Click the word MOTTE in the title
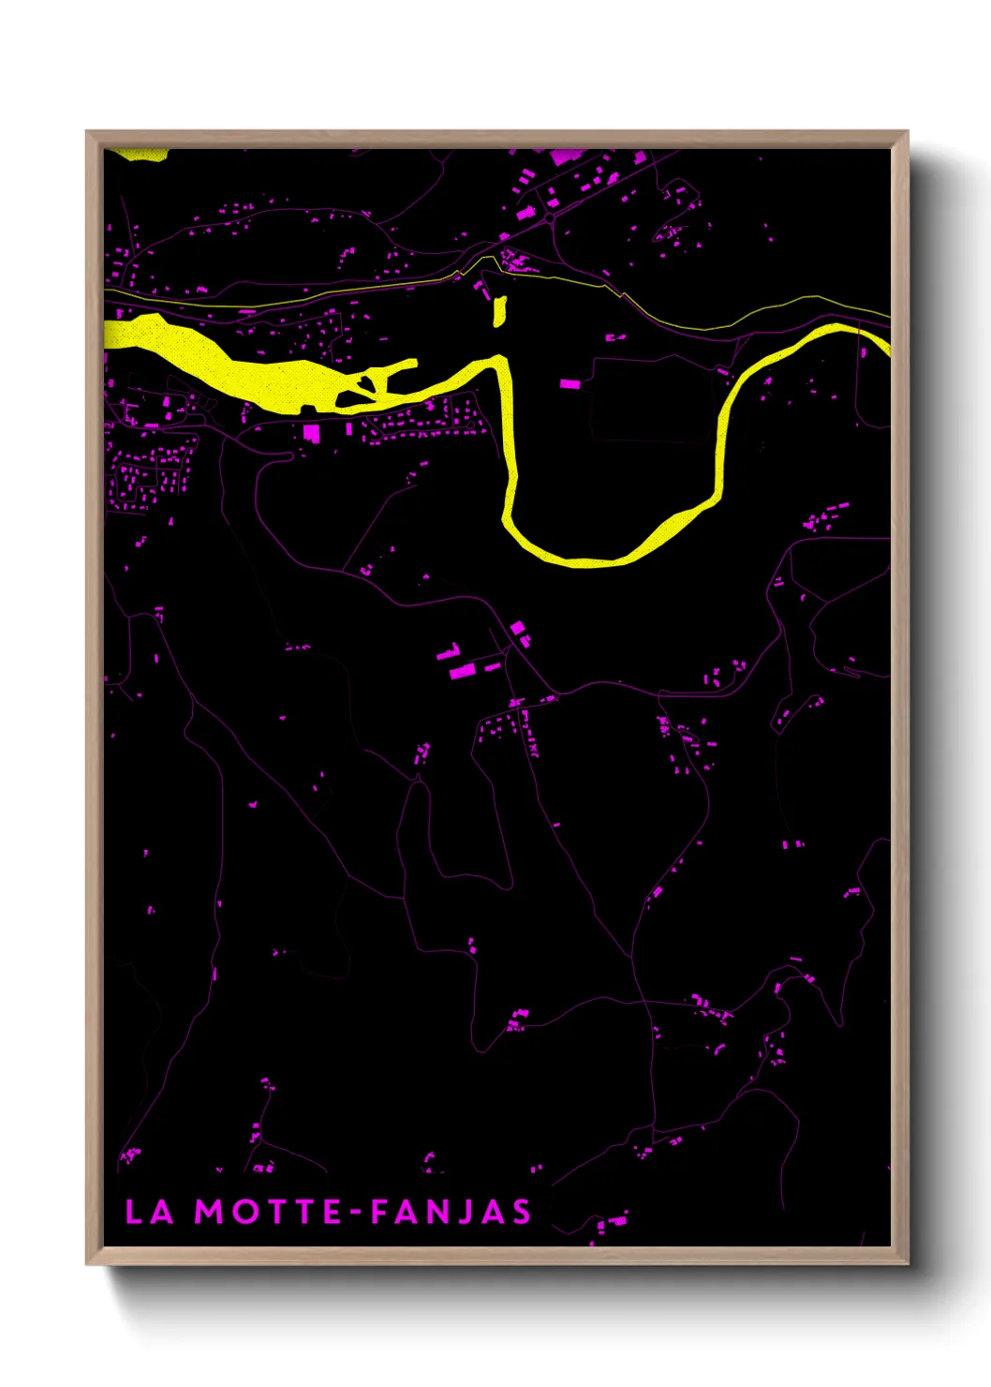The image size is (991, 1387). click(x=268, y=1212)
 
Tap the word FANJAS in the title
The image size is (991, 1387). click(x=451, y=1212)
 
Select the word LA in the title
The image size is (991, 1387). click(x=150, y=1212)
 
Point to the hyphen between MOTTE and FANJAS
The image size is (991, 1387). click(x=356, y=1213)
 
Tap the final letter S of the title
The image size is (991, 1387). click(x=521, y=1212)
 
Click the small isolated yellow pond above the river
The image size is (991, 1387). click(x=499, y=311)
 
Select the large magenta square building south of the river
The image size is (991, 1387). click(x=312, y=432)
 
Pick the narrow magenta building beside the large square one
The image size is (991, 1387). click(x=349, y=429)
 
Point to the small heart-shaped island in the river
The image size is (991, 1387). click(x=362, y=384)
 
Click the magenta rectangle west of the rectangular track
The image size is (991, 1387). click(x=569, y=383)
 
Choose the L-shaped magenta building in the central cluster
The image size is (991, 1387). click(x=450, y=652)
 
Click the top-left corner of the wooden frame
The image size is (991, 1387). click(x=88, y=133)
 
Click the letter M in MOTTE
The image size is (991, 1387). click(x=208, y=1212)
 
